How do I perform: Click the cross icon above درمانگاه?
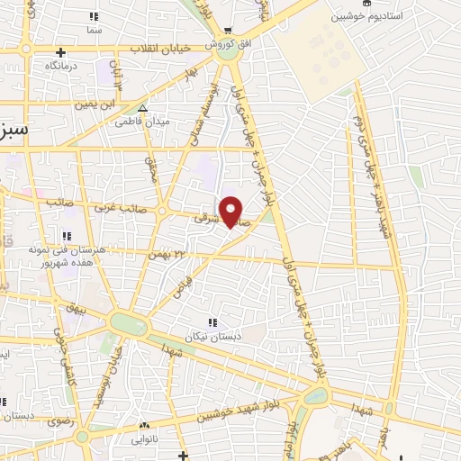(x=60, y=52)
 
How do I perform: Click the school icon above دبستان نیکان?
(x=213, y=322)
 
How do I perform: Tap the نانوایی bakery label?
(x=144, y=440)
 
